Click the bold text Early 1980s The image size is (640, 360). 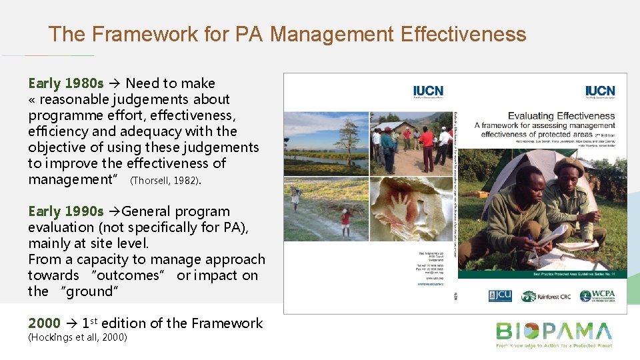pyautogui.click(x=66, y=83)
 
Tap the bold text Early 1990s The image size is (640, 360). pyautogui.click(x=66, y=211)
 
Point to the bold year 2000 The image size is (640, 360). pyautogui.click(x=44, y=323)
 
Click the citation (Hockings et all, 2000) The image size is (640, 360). pyautogui.click(x=77, y=337)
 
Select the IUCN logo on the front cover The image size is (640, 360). pyautogui.click(x=600, y=92)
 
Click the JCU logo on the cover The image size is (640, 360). pyautogui.click(x=499, y=296)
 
